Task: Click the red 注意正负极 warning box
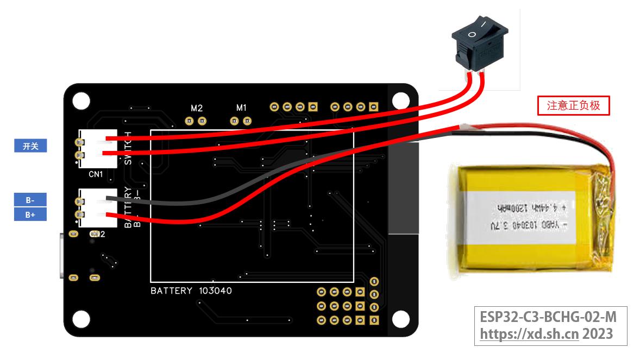pos(574,106)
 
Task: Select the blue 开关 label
pos(30,146)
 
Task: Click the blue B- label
pos(30,200)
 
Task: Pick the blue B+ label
pos(30,214)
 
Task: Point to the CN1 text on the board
pos(96,175)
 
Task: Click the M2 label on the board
pos(196,108)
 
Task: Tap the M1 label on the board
pos(241,108)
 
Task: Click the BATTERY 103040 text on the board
pos(191,290)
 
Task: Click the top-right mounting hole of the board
pos(401,100)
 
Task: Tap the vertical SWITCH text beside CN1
pos(128,148)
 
